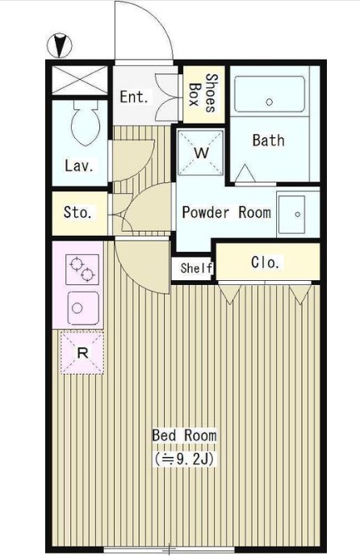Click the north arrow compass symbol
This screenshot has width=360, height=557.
[59, 45]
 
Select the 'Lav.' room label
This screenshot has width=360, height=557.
[79, 165]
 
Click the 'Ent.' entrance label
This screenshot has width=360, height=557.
[133, 97]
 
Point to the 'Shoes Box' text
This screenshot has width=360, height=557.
[203, 93]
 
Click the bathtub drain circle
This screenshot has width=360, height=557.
[269, 102]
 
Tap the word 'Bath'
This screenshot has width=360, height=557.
[269, 140]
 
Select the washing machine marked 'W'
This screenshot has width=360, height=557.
[201, 153]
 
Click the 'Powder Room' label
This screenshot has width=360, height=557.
[227, 212]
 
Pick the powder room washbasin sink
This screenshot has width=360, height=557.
[291, 214]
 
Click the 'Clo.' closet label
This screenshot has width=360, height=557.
[265, 262]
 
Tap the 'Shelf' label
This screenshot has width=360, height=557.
[196, 268]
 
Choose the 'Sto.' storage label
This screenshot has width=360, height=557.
[77, 212]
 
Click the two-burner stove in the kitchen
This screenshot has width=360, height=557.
[82, 270]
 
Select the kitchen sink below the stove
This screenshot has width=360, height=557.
[83, 308]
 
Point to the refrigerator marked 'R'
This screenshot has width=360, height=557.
[82, 353]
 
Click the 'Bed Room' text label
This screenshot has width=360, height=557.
[184, 435]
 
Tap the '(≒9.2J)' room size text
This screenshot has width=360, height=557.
[184, 459]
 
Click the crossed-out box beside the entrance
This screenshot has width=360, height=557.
[80, 80]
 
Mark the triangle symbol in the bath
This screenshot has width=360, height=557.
[245, 173]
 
